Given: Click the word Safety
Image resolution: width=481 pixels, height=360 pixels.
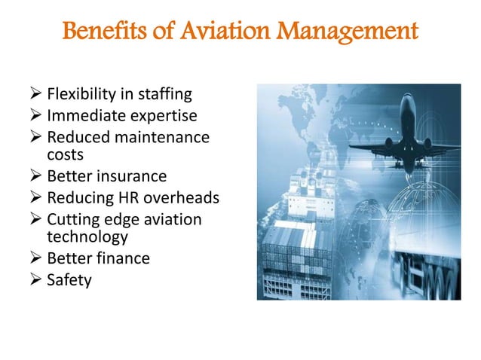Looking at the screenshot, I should [69, 280].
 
